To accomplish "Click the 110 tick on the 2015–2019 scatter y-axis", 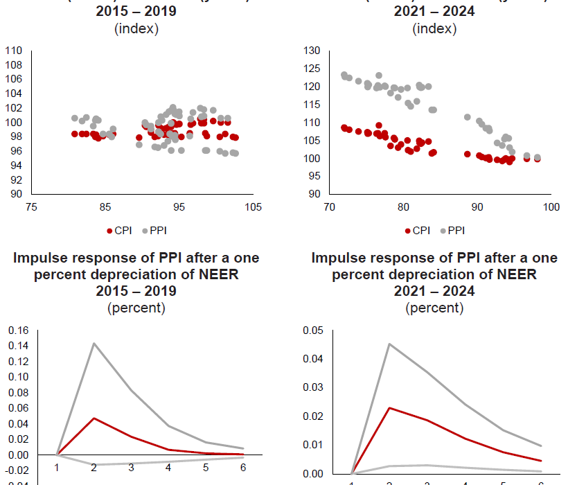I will coord(14,51).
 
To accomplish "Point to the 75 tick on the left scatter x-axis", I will coord(30,206).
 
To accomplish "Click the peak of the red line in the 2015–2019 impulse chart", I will coord(93,418).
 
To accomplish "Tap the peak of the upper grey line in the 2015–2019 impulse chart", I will coord(93,343).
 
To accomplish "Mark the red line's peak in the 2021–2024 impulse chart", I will coord(391,407).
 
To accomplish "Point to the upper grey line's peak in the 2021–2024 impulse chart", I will coord(391,344).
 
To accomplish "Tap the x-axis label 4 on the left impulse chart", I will coord(168,466).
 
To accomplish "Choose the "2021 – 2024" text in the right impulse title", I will coord(434,291).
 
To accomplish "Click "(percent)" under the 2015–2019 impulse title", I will coord(136,308).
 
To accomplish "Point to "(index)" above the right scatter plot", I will coord(434,28).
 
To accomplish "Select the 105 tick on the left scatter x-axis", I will coord(254,206).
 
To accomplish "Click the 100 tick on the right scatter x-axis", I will coord(551,206).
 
